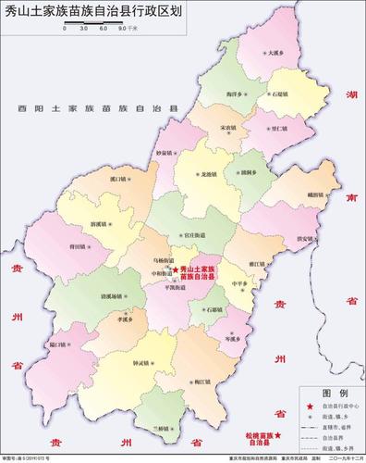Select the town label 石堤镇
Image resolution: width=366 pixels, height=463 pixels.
279,94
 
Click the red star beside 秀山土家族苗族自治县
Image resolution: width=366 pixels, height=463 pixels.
176,269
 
